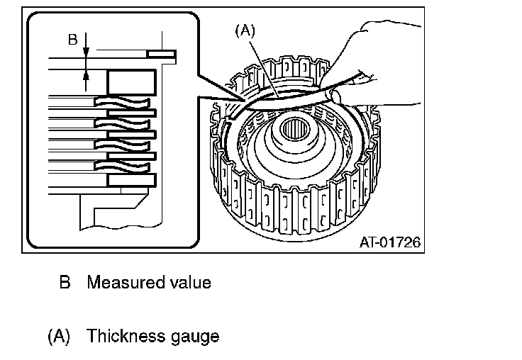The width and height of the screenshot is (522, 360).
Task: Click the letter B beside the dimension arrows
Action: (x=73, y=40)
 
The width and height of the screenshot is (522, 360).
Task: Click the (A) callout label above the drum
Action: (x=245, y=30)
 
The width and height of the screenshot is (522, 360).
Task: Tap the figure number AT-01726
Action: (x=390, y=242)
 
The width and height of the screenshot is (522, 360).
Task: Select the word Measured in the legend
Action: (x=126, y=282)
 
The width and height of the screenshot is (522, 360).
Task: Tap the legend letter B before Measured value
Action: (x=65, y=282)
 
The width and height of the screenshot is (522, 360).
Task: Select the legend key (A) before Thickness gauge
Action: (x=59, y=336)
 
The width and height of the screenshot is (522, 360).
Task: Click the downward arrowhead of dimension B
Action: (x=86, y=52)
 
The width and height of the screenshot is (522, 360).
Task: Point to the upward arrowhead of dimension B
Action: (x=86, y=75)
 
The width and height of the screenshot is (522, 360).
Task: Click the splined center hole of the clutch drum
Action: (x=294, y=130)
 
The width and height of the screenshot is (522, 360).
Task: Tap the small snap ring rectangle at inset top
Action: (x=162, y=54)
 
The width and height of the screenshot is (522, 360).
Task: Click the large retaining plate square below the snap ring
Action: (x=131, y=82)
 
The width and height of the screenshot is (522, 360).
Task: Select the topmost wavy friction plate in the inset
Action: (x=122, y=103)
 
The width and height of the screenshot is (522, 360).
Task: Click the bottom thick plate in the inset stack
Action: (x=131, y=180)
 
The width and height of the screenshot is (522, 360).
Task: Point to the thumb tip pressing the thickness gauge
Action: (x=335, y=96)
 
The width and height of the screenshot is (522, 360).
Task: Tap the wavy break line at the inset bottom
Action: (x=121, y=227)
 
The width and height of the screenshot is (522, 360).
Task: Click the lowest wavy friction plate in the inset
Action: (x=122, y=167)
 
